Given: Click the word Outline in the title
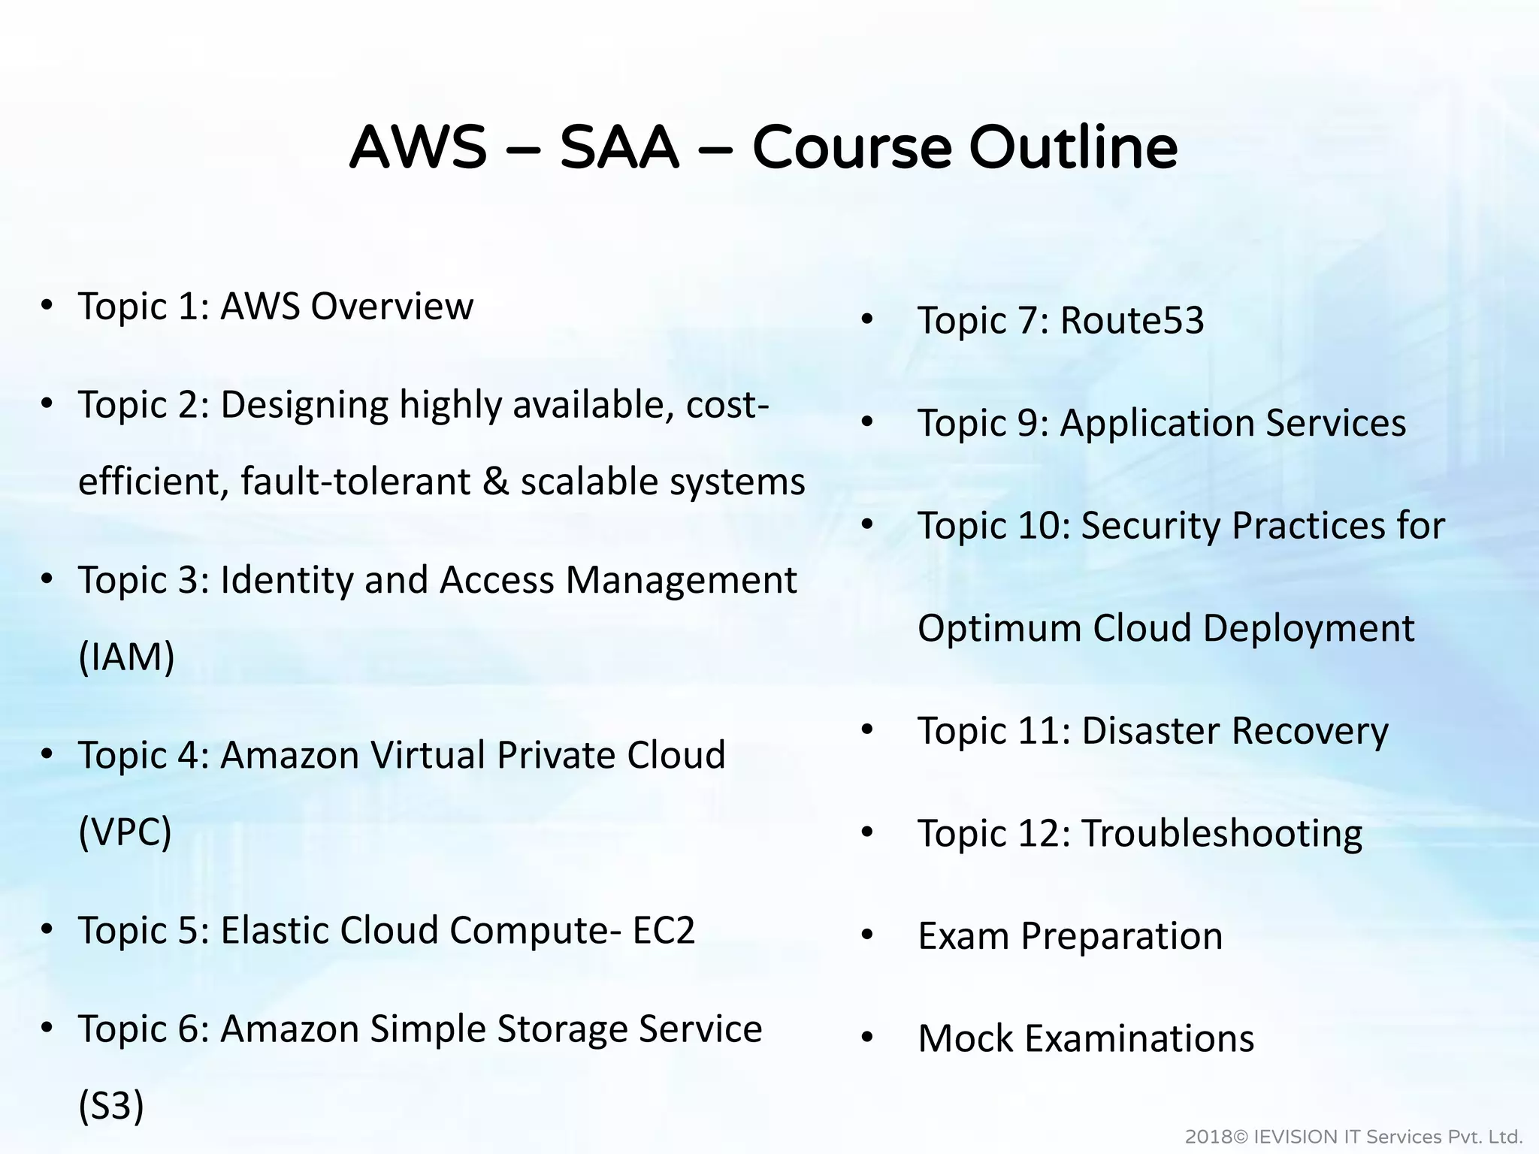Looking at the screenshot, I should click(x=1072, y=147).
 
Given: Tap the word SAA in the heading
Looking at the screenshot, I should click(x=619, y=147).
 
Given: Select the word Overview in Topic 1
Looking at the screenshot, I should click(x=392, y=307).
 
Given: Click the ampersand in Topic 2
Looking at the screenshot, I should click(x=495, y=482).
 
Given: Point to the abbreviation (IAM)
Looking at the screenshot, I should click(x=126, y=657).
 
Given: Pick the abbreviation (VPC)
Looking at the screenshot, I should click(x=125, y=832).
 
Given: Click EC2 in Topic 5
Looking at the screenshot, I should click(x=664, y=930).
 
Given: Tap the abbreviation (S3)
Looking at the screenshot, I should click(x=111, y=1105).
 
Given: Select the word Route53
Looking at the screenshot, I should click(x=1132, y=320).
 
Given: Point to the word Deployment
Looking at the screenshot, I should click(x=1308, y=628).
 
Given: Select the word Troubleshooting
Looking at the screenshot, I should click(x=1221, y=833).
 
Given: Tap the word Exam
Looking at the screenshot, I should click(x=963, y=936).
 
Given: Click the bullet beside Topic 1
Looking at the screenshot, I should click(x=47, y=307).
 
